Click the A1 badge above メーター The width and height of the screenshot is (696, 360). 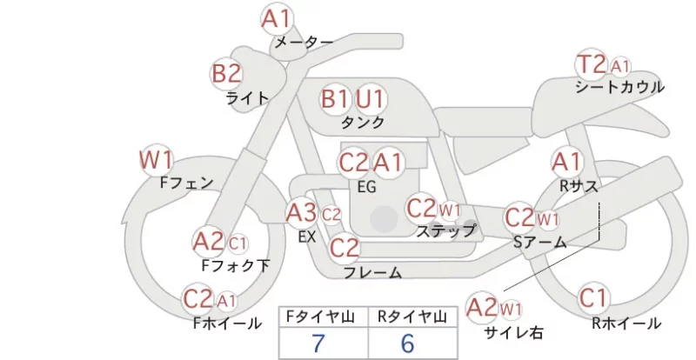(276, 19)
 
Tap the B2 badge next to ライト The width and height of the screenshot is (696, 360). (226, 73)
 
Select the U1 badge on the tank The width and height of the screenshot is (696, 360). (370, 98)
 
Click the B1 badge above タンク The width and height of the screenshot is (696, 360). (335, 98)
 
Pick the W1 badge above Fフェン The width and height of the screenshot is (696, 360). (156, 160)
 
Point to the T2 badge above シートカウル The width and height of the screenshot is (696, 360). (592, 65)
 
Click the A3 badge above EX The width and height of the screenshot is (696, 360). (301, 214)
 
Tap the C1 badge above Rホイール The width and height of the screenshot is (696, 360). (593, 298)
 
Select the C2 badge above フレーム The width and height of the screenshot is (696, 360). (345, 248)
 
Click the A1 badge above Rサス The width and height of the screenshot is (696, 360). (566, 163)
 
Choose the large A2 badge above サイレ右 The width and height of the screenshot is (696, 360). (482, 307)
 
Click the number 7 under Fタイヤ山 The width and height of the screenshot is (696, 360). (318, 343)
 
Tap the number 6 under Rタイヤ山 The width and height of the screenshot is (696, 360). (407, 343)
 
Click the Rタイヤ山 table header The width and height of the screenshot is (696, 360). (412, 317)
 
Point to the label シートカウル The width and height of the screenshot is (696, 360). (619, 88)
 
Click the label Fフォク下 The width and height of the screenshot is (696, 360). (236, 265)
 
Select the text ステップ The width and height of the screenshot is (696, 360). (445, 230)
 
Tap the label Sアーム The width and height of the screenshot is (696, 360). (539, 243)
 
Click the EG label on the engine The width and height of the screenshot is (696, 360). (366, 187)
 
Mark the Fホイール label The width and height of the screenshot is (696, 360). (227, 323)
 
